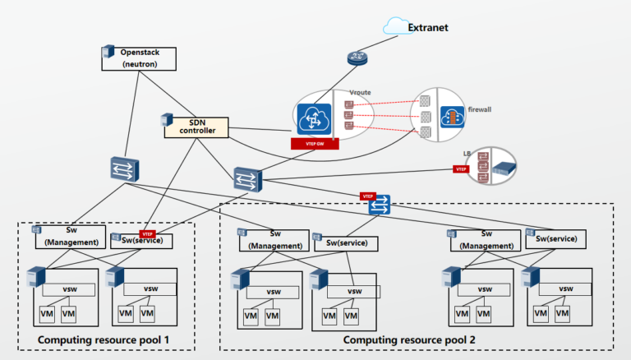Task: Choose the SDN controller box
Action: pyautogui.click(x=196, y=127)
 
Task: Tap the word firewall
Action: pyautogui.click(x=481, y=108)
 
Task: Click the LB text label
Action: pyautogui.click(x=468, y=153)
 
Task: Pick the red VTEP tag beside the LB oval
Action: pyautogui.click(x=461, y=168)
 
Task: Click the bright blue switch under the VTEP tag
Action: pyautogui.click(x=379, y=208)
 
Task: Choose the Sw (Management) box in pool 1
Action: pyautogui.click(x=71, y=237)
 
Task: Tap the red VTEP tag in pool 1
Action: pyautogui.click(x=149, y=234)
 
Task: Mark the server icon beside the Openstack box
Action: pyautogui.click(x=105, y=54)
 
